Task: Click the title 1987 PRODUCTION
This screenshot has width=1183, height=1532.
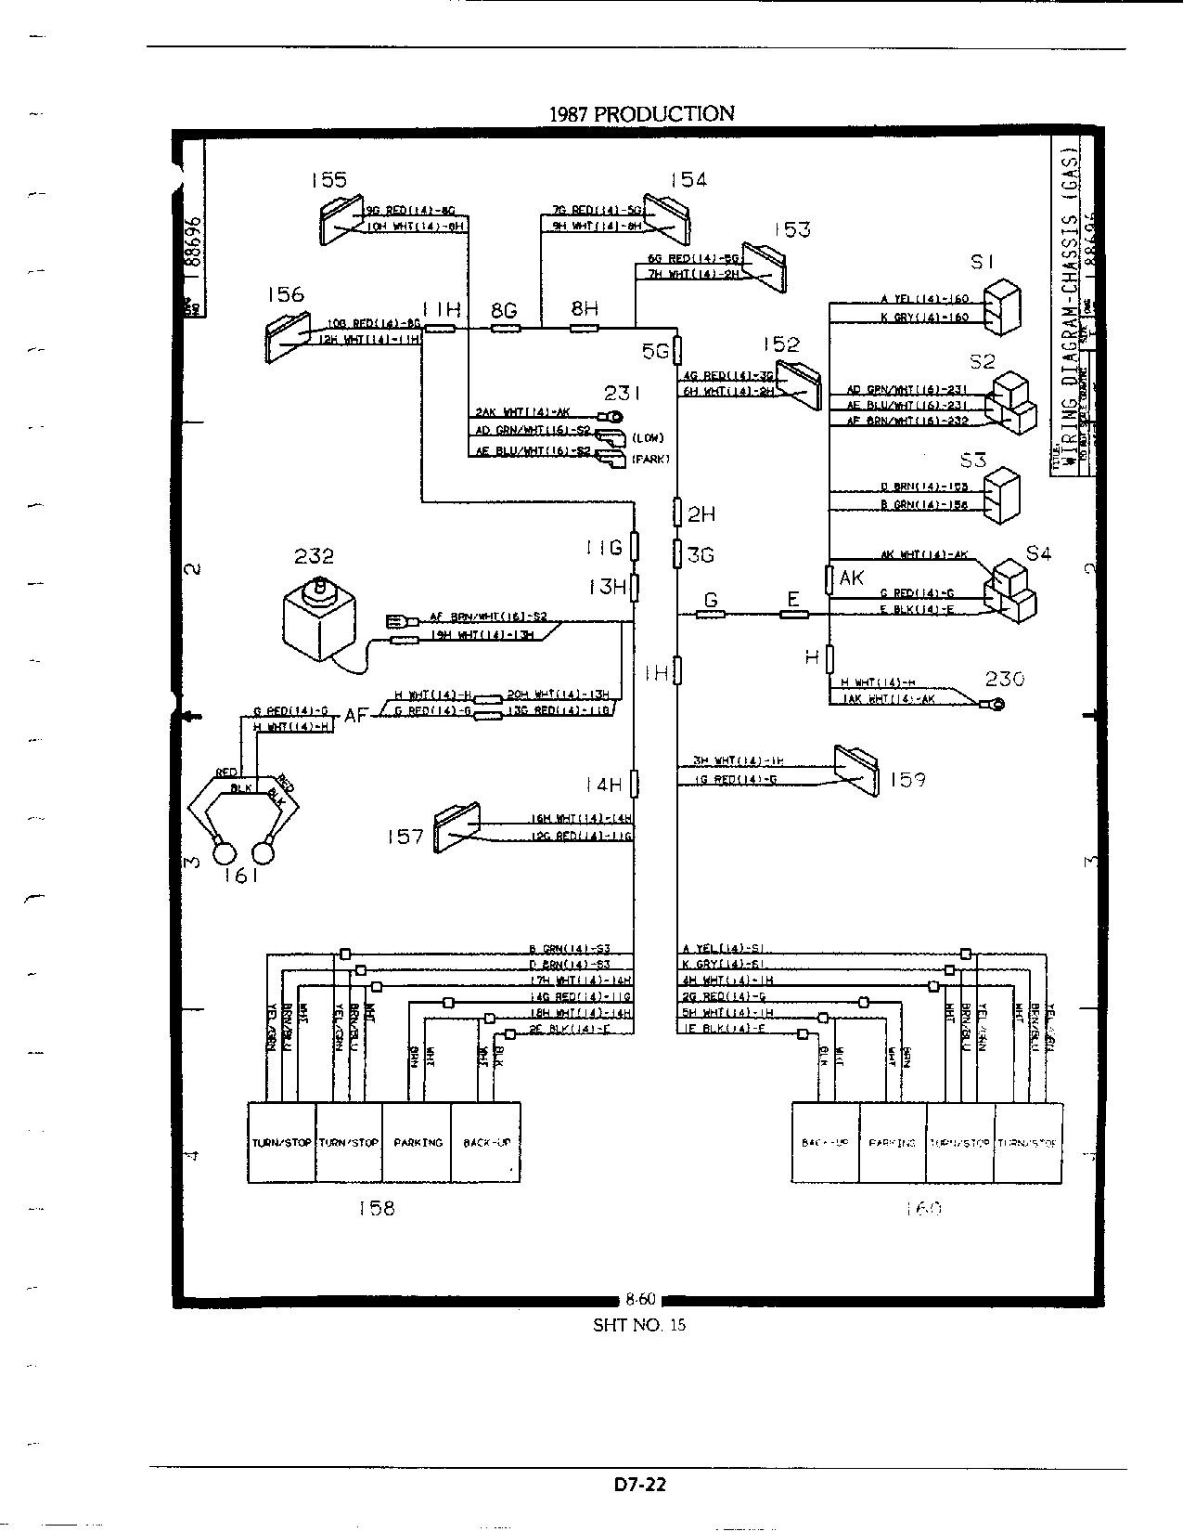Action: click(641, 114)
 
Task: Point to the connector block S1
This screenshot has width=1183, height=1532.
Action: click(1001, 306)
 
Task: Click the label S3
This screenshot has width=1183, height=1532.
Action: click(974, 460)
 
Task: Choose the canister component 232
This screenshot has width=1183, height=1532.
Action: click(319, 617)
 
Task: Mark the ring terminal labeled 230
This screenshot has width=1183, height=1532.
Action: click(996, 706)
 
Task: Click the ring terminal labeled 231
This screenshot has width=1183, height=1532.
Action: click(612, 416)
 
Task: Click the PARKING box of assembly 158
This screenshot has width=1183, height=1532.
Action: click(418, 1142)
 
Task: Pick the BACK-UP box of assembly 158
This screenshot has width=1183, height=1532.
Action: click(486, 1142)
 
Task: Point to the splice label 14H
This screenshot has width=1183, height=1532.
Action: click(603, 785)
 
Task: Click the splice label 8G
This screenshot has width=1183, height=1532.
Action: click(504, 311)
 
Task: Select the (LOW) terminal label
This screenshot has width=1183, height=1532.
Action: click(649, 437)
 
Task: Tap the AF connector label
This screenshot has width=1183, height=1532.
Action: click(356, 715)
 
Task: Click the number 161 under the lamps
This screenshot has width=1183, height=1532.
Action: click(240, 875)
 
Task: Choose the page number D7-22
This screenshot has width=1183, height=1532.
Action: click(640, 1484)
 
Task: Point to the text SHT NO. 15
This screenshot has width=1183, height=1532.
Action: click(639, 1325)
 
